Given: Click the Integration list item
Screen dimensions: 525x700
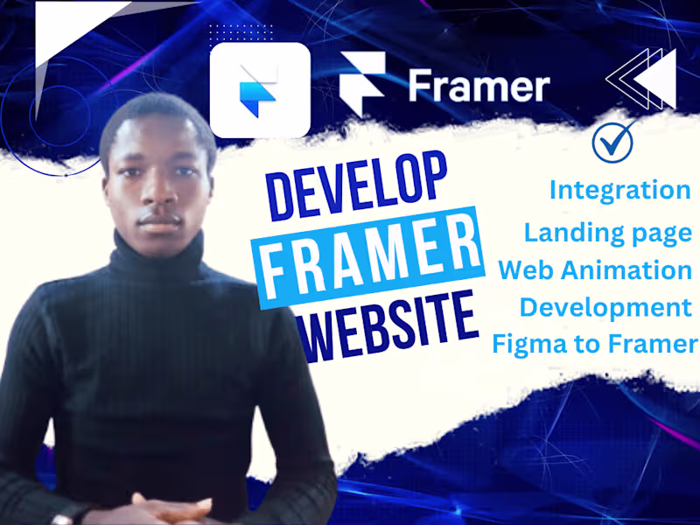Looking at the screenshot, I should [x=619, y=189].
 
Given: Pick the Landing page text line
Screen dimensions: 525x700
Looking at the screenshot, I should [x=608, y=231].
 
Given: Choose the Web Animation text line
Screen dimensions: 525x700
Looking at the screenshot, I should [x=595, y=269].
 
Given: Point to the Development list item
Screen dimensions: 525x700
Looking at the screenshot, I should [x=605, y=307].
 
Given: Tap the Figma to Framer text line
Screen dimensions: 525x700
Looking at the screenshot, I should [x=595, y=344].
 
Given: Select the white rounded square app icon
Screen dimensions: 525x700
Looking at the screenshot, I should [x=260, y=89].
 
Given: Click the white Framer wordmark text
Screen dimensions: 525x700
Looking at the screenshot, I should [x=479, y=86].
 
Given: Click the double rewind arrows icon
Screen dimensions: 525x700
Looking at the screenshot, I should [x=641, y=79].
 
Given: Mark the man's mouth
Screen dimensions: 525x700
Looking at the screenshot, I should [x=157, y=220].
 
